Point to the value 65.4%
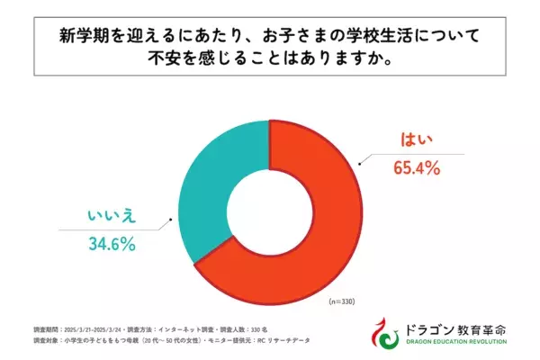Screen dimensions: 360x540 click(416, 167)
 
